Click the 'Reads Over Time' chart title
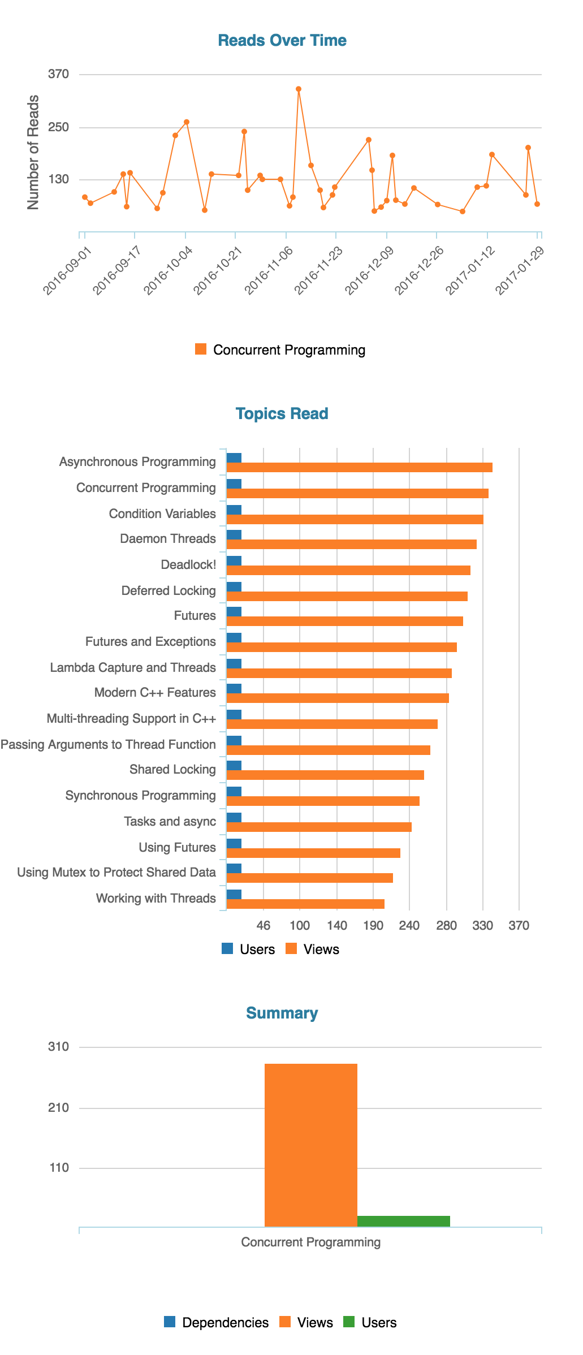tap(282, 41)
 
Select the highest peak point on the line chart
tap(299, 89)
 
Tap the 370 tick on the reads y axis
tap(59, 74)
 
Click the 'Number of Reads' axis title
tap(33, 152)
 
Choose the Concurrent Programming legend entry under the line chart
tap(280, 350)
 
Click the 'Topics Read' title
tap(282, 414)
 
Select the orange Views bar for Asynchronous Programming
tap(359, 467)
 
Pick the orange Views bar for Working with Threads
tap(305, 904)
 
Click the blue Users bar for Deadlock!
tap(234, 561)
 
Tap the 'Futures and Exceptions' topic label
tap(150, 642)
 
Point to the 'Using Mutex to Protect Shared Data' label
tap(116, 873)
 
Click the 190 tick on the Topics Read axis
tap(373, 926)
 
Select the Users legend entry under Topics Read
tap(248, 950)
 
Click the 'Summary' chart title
tap(282, 1013)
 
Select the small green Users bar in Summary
tap(404, 1221)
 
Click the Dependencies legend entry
tap(217, 1323)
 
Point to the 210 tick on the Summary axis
tap(59, 1108)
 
